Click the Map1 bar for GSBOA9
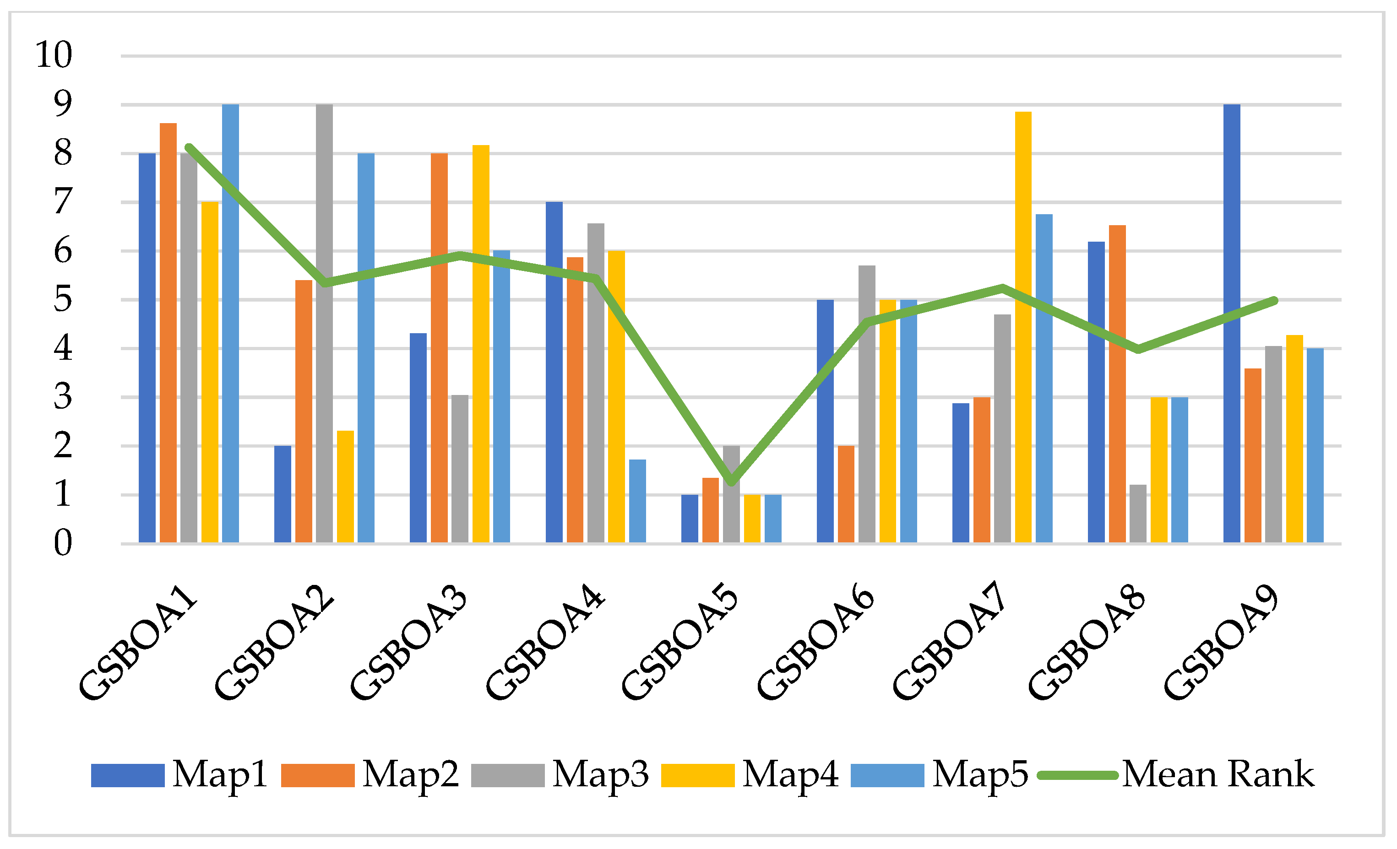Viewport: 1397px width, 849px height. pyautogui.click(x=1231, y=324)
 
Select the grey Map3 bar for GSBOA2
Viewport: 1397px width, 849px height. pyautogui.click(x=324, y=324)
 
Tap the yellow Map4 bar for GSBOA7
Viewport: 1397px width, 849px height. pyautogui.click(x=1023, y=328)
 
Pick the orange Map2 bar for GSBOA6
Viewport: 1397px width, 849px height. pyautogui.click(x=846, y=495)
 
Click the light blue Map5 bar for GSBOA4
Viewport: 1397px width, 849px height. pyautogui.click(x=637, y=502)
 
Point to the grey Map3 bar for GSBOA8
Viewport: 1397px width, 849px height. pyautogui.click(x=1137, y=514)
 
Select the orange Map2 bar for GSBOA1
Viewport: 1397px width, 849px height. pyautogui.click(x=168, y=333)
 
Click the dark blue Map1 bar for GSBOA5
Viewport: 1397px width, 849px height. pyautogui.click(x=690, y=519)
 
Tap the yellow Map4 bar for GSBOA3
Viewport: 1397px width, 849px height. pyautogui.click(x=481, y=344)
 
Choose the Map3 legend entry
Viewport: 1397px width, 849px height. pyautogui.click(x=560, y=775)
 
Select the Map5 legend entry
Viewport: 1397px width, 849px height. pyautogui.click(x=940, y=775)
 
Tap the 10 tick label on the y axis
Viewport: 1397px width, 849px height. pyautogui.click(x=54, y=55)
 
